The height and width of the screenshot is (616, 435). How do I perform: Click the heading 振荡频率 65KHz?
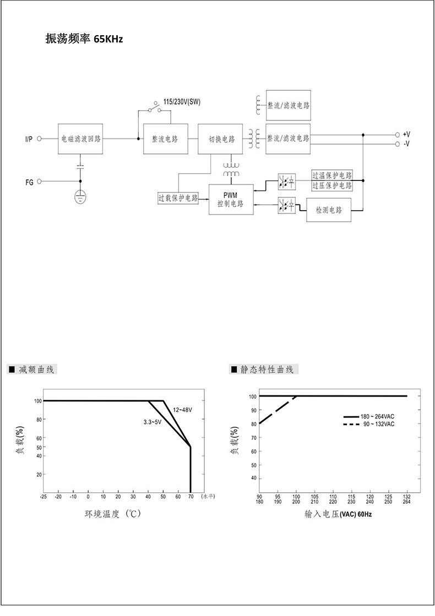[x=84, y=39]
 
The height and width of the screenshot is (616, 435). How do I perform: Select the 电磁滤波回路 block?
[x=80, y=139]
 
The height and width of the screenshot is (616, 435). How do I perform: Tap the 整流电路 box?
[x=165, y=139]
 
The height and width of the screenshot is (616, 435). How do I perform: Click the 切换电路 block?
[x=220, y=139]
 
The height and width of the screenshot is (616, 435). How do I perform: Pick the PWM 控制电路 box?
[x=230, y=200]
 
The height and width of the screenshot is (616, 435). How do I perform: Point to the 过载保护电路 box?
[x=178, y=198]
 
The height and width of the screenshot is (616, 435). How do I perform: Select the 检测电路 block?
[x=329, y=210]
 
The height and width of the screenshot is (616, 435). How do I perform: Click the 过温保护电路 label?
[x=331, y=176]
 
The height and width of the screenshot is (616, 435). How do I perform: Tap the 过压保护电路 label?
[x=331, y=186]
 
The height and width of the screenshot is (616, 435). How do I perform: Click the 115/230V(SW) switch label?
[x=182, y=102]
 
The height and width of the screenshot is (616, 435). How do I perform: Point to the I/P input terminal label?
[x=29, y=140]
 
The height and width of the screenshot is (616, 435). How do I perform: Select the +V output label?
[x=406, y=134]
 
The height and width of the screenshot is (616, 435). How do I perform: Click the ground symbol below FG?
[x=80, y=197]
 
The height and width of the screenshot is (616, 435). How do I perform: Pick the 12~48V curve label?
[x=182, y=410]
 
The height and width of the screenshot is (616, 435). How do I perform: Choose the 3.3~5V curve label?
[x=152, y=422]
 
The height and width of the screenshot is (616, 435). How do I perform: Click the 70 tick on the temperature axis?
[x=191, y=497]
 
